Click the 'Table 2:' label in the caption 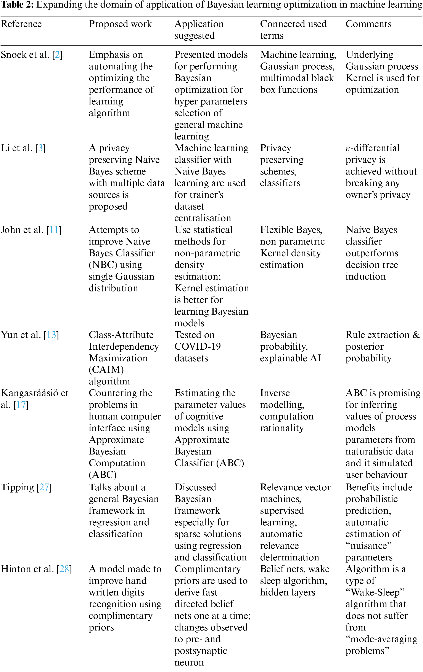(x=17, y=5)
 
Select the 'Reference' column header (x=21, y=24)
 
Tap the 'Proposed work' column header (x=120, y=24)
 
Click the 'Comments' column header (x=368, y=24)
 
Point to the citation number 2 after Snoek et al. (x=57, y=55)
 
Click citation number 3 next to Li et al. (x=40, y=148)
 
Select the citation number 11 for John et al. (x=54, y=230)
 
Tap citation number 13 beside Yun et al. (x=51, y=335)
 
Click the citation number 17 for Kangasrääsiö (x=21, y=405)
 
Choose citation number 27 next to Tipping (x=44, y=487)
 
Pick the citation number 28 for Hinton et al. (x=64, y=569)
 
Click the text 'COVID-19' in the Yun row (x=197, y=347)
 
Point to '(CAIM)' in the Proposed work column (x=106, y=370)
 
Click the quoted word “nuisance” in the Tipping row (x=368, y=546)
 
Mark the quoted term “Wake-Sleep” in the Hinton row (x=375, y=592)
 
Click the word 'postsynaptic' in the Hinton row (x=201, y=651)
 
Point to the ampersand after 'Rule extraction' (x=416, y=335)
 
